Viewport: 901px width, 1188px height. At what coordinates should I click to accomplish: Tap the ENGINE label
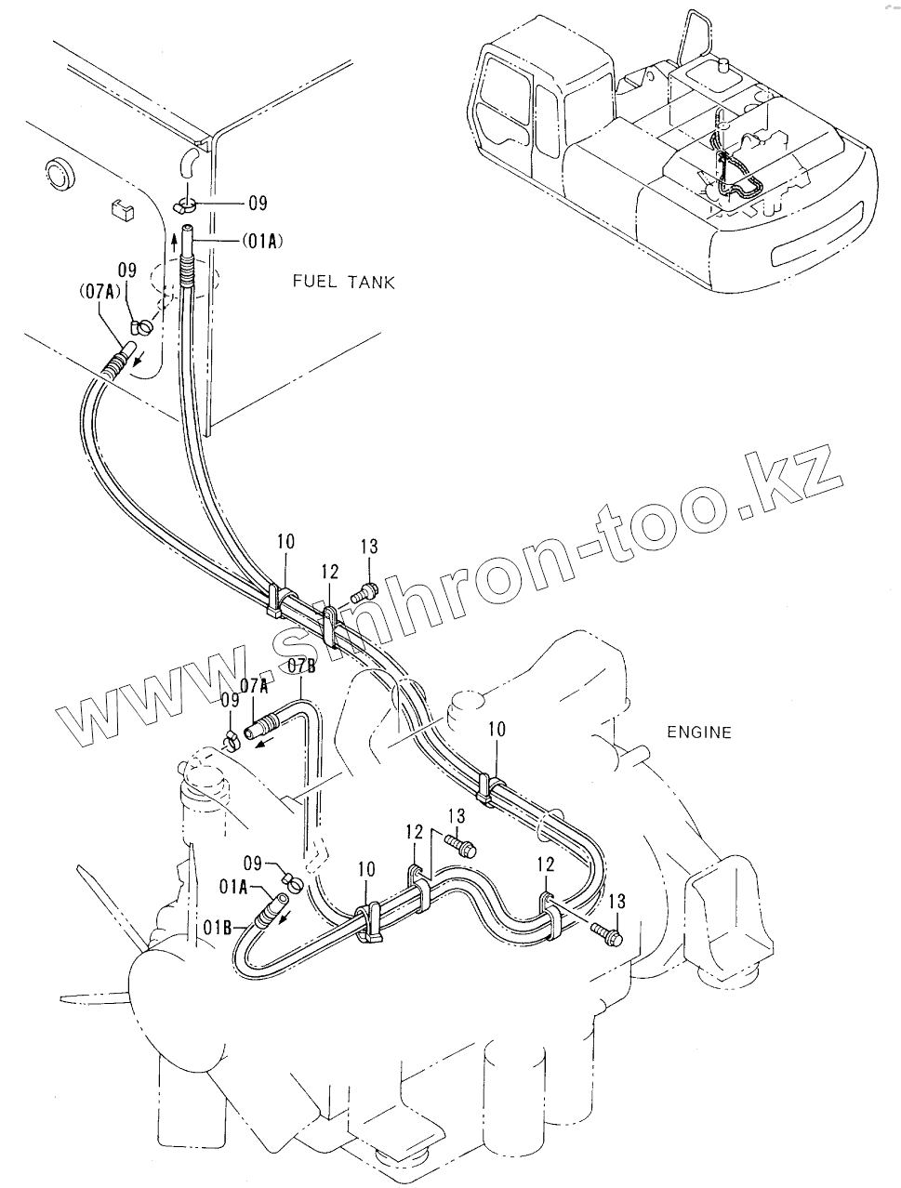[699, 732]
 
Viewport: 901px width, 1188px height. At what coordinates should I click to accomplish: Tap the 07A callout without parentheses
[254, 686]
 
